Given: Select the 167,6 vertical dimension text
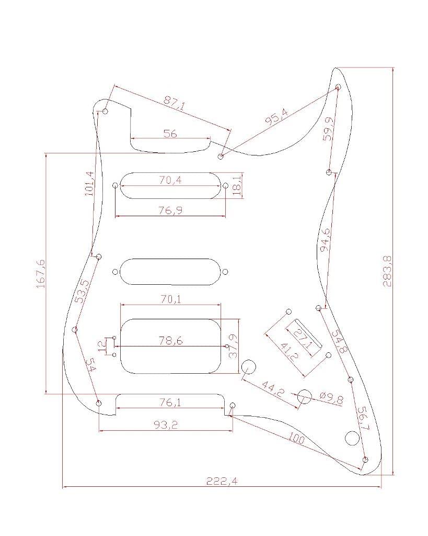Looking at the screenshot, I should click(x=40, y=273).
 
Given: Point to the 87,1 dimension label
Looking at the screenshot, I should click(x=175, y=103).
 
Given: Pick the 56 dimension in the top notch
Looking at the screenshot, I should click(x=170, y=133).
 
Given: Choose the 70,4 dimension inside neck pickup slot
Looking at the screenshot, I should click(x=170, y=181).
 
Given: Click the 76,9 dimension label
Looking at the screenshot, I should click(x=170, y=210).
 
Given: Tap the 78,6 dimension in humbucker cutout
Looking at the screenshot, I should click(x=171, y=341).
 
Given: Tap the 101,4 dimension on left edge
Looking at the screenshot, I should click(x=90, y=183).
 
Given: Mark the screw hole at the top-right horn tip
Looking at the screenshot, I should click(x=338, y=86).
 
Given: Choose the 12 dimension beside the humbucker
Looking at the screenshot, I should click(x=102, y=346).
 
